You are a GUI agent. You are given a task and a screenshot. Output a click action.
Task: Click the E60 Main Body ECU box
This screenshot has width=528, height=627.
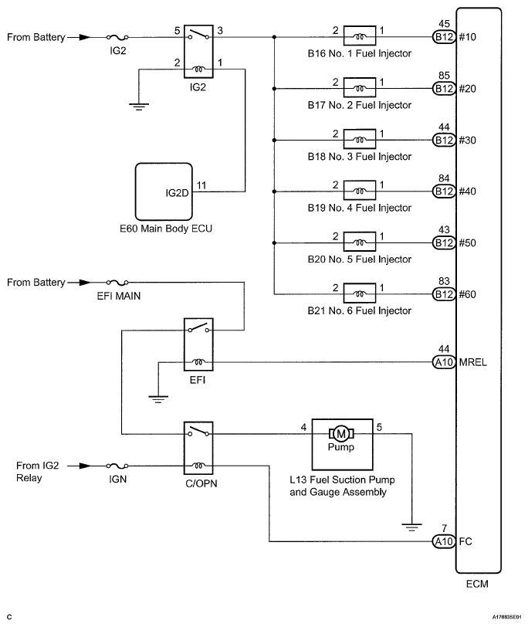click(x=162, y=191)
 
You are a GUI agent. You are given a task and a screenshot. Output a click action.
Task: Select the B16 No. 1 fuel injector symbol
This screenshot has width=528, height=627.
click(x=360, y=36)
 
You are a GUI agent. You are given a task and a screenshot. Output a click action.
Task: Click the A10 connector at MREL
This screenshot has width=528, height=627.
click(x=444, y=361)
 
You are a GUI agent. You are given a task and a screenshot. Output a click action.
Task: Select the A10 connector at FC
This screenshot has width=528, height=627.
click(x=444, y=541)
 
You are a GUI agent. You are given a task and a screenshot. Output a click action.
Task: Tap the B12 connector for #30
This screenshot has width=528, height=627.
click(x=444, y=140)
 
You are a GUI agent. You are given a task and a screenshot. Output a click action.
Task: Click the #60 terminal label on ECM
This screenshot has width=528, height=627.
click(x=468, y=294)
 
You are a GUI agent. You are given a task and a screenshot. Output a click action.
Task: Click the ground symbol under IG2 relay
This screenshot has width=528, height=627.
click(x=139, y=106)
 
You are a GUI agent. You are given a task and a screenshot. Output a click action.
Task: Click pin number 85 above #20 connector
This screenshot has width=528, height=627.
click(x=444, y=75)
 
